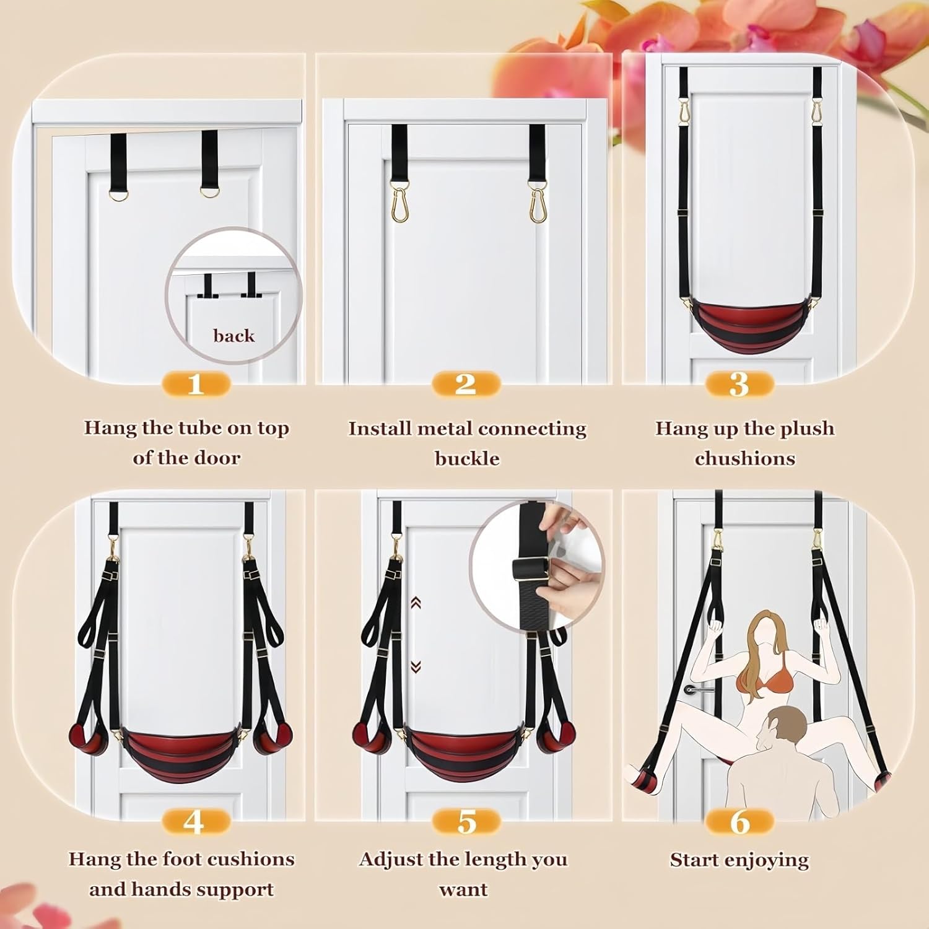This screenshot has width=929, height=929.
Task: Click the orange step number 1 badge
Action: [x=196, y=384]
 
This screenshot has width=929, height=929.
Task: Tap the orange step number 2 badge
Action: [x=466, y=384]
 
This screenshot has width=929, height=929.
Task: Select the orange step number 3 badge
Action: [x=739, y=384]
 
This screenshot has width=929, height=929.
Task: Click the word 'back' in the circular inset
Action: [x=233, y=336]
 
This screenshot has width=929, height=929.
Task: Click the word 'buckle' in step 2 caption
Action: [x=467, y=458]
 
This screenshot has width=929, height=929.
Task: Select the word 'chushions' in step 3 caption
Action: [x=745, y=458]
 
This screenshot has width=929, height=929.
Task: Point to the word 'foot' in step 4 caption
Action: [x=180, y=859]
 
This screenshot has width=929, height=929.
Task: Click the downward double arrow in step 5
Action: [x=416, y=667]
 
